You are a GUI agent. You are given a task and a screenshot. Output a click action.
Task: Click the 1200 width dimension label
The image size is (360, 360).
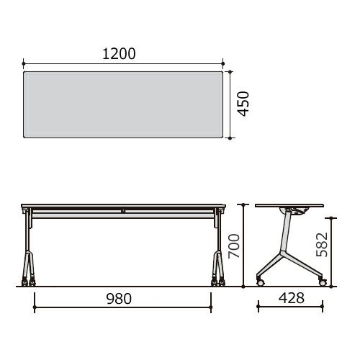(x=119, y=54)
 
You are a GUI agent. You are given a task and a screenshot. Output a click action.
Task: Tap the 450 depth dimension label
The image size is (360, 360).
(x=243, y=104)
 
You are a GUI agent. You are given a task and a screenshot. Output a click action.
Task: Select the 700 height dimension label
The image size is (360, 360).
(x=234, y=246)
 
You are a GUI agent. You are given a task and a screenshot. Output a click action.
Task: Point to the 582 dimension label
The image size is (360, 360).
(x=322, y=245)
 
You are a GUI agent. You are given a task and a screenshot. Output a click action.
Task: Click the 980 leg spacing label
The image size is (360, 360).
(x=119, y=299)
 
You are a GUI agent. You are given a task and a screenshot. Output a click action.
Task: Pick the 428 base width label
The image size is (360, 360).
(x=292, y=298)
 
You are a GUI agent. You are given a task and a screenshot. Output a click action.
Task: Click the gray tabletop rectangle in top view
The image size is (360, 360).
(x=123, y=104)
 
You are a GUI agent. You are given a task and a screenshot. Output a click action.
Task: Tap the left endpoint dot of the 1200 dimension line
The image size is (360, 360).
(x=23, y=63)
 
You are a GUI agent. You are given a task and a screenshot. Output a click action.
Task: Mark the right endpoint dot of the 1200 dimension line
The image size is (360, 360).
(x=223, y=63)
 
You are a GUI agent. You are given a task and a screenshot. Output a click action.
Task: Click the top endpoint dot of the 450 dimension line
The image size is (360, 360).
(x=230, y=71)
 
